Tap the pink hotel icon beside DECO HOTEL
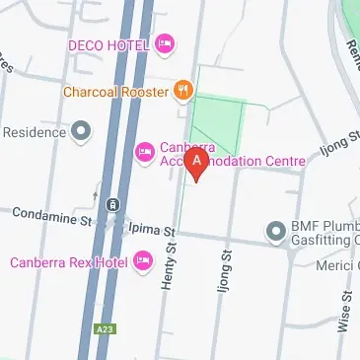(165, 44)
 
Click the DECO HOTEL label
(109, 44)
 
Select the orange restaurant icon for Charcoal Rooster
(182, 91)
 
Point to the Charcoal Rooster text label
(114, 91)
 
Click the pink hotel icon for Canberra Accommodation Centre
(144, 150)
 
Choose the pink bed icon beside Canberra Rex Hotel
(143, 260)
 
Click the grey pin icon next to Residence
(81, 130)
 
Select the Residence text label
(35, 130)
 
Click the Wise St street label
(344, 312)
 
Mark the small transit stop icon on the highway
(114, 204)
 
